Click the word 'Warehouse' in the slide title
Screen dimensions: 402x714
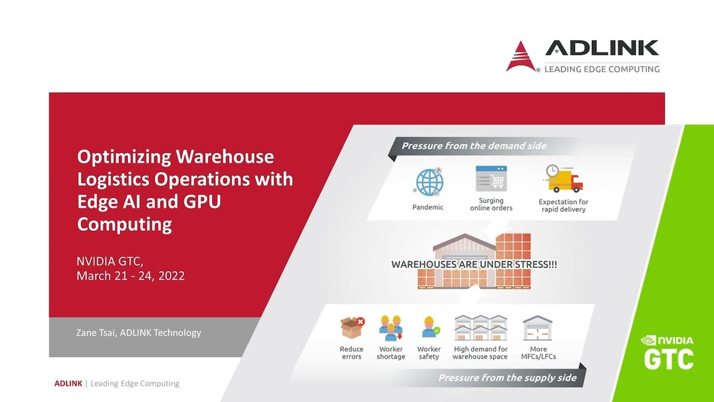click(226, 157)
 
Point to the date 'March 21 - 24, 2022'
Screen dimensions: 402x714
click(130, 276)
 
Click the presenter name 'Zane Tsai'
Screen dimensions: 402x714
click(96, 333)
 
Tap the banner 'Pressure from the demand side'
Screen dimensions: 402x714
click(474, 146)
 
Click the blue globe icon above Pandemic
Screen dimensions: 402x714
click(427, 182)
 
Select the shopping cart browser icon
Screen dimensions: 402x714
click(491, 178)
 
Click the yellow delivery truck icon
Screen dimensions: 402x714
click(562, 179)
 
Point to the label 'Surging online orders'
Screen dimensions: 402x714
click(491, 204)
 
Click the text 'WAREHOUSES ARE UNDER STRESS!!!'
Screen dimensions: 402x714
click(474, 264)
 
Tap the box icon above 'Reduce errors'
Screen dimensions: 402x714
click(352, 328)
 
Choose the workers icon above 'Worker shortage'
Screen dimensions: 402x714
click(390, 328)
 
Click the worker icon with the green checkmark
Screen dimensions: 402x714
click(429, 328)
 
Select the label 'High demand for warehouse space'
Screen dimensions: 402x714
click(480, 353)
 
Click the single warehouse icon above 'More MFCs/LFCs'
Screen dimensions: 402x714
click(538, 328)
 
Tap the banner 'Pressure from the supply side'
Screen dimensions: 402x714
click(507, 378)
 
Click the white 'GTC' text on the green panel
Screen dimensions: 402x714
click(669, 359)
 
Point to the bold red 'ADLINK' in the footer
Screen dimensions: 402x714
click(68, 384)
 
